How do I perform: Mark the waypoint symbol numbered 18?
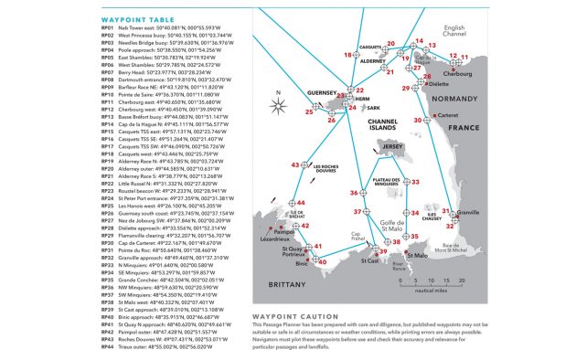click(357, 55)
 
